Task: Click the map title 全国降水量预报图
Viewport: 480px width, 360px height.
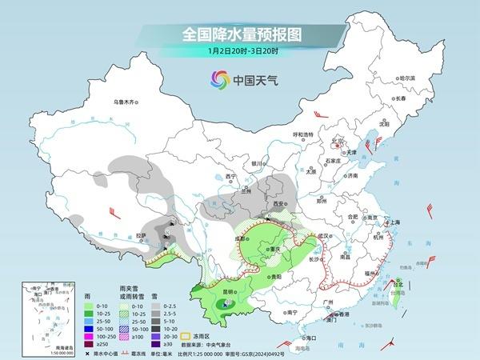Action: [239, 34]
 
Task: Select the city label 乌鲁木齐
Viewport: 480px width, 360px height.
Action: [126, 102]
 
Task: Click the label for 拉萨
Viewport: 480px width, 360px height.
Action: [141, 235]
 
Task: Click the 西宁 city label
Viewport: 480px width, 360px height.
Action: [231, 175]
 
